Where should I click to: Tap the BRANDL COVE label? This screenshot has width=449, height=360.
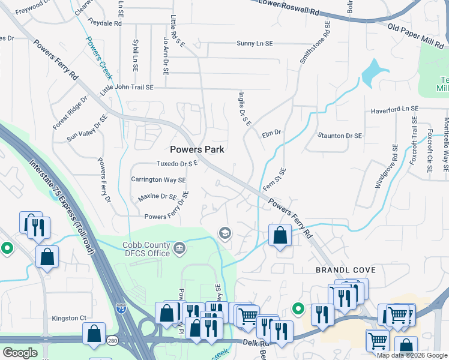(x=342, y=271)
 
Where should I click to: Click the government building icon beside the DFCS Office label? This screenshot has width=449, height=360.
(x=179, y=248)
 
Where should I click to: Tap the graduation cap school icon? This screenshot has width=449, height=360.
(x=225, y=233)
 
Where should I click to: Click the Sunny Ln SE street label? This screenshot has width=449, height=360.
(x=254, y=44)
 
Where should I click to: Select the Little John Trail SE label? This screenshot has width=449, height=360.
(x=127, y=88)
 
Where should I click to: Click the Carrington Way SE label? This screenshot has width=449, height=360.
(x=158, y=180)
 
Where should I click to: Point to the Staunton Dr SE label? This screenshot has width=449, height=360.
(x=340, y=136)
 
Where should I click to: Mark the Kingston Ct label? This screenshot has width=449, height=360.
(x=70, y=318)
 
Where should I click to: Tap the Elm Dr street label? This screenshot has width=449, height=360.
(x=271, y=135)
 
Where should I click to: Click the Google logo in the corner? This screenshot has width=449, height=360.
(x=20, y=352)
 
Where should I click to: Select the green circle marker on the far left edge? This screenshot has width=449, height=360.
(x=7, y=247)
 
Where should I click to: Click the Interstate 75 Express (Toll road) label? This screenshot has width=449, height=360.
(x=62, y=204)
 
